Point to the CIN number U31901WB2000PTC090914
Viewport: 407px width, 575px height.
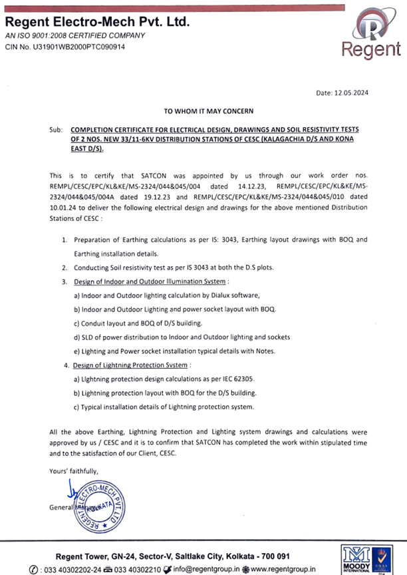coord(65,47)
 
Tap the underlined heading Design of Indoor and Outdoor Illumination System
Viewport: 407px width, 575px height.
coord(150,282)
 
